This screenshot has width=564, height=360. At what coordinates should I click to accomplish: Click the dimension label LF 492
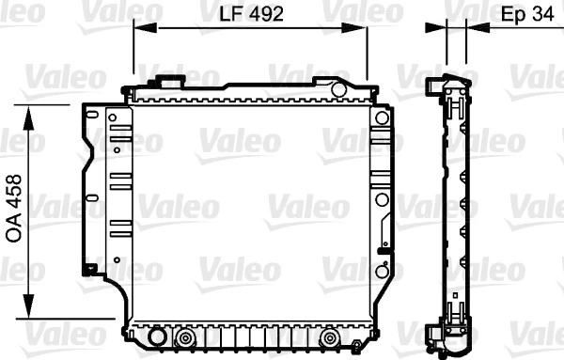[x=252, y=14]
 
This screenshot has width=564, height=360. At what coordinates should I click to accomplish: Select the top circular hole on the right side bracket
[x=381, y=118]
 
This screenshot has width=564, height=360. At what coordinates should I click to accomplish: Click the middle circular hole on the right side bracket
[x=381, y=199]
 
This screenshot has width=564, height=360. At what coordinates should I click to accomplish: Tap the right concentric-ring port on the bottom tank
[x=329, y=338]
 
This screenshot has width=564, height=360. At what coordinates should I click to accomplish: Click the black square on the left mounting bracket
[x=89, y=270]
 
